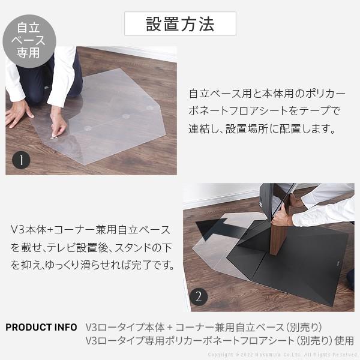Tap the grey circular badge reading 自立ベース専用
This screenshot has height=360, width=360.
point(28,40)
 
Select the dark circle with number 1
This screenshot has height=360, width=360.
point(22,160)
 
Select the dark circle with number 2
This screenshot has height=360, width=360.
point(199,296)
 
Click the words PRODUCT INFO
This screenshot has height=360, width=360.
point(41,327)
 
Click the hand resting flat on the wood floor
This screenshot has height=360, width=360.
point(16,113)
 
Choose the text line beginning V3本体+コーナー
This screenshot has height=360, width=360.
point(91,230)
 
